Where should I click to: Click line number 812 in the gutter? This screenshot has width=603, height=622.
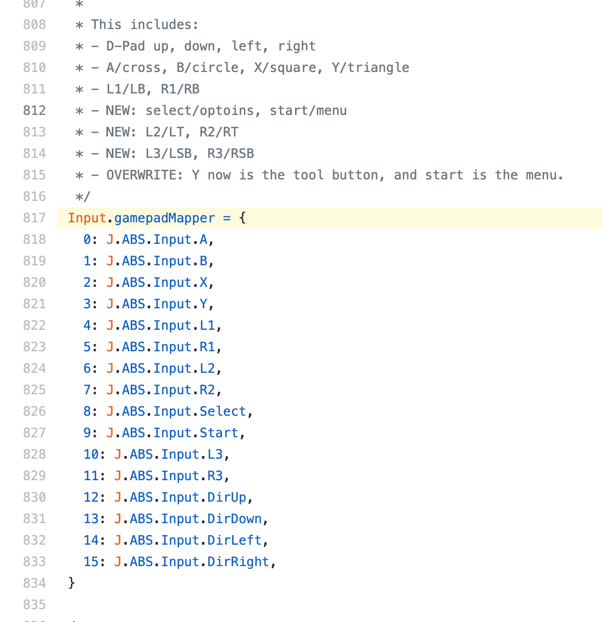pyautogui.click(x=34, y=111)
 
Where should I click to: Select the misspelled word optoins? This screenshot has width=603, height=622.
pyautogui.click(x=227, y=111)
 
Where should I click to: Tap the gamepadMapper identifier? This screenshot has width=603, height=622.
pyautogui.click(x=164, y=218)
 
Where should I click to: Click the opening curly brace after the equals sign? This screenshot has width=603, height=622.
pyautogui.click(x=242, y=218)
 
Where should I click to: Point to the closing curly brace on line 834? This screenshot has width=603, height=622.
pyautogui.click(x=71, y=583)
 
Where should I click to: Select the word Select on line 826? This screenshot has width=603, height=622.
pyautogui.click(x=222, y=411)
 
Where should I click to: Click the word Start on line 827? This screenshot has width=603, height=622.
pyautogui.click(x=219, y=433)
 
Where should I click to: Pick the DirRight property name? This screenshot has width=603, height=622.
pyautogui.click(x=238, y=562)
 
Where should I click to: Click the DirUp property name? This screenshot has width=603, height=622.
pyautogui.click(x=227, y=497)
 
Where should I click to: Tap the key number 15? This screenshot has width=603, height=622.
pyautogui.click(x=91, y=562)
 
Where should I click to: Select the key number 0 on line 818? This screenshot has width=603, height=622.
pyautogui.click(x=87, y=240)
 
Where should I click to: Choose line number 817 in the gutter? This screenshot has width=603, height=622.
pyautogui.click(x=34, y=218)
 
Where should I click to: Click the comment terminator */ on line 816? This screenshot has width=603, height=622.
pyautogui.click(x=83, y=197)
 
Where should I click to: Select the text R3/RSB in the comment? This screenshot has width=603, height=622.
pyautogui.click(x=231, y=154)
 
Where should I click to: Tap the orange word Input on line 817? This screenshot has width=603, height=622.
pyautogui.click(x=87, y=218)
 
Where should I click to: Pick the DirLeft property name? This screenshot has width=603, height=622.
pyautogui.click(x=234, y=540)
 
